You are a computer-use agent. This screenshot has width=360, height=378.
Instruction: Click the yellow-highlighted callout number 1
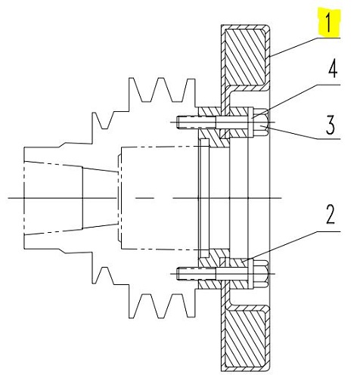(x=328, y=23)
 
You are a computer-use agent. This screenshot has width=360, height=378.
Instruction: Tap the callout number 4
(x=333, y=68)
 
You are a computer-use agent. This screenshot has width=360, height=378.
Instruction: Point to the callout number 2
(x=331, y=214)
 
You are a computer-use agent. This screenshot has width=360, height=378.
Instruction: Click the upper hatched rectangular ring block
(x=244, y=57)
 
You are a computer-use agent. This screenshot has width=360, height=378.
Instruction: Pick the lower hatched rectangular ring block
(x=244, y=339)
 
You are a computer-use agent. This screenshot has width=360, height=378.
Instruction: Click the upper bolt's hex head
(x=260, y=122)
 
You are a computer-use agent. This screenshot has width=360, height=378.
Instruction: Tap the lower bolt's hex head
(x=260, y=274)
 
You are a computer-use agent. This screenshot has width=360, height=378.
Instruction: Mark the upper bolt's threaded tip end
(x=177, y=122)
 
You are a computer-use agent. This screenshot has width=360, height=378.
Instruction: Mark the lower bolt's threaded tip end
(x=177, y=274)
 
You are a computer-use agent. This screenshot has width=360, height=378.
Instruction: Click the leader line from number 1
(x=305, y=47)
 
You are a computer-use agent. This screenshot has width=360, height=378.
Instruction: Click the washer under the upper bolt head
(x=250, y=122)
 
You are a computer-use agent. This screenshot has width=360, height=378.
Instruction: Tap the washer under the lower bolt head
(x=250, y=274)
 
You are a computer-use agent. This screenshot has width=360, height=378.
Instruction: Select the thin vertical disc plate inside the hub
(x=204, y=198)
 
